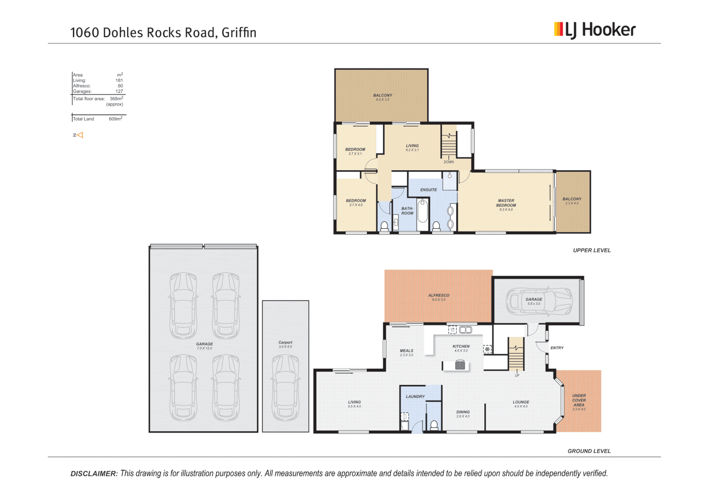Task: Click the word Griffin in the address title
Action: click(239, 32)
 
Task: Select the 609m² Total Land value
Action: click(115, 119)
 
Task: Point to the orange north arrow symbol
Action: click(79, 135)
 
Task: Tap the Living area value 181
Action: click(119, 80)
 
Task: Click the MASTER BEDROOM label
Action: click(506, 203)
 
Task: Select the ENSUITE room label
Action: click(428, 190)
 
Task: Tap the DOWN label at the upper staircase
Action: click(449, 162)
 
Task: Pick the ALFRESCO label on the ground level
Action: click(438, 295)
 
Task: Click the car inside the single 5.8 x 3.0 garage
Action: click(539, 300)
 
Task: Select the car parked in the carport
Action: click(285, 387)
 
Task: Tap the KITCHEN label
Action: click(461, 346)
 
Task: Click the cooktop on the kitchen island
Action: click(460, 366)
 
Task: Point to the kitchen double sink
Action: click(465, 330)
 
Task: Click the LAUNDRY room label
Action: click(415, 397)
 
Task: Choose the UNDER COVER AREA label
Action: click(579, 400)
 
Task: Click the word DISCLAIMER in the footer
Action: click(94, 474)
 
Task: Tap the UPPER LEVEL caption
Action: click(592, 250)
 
